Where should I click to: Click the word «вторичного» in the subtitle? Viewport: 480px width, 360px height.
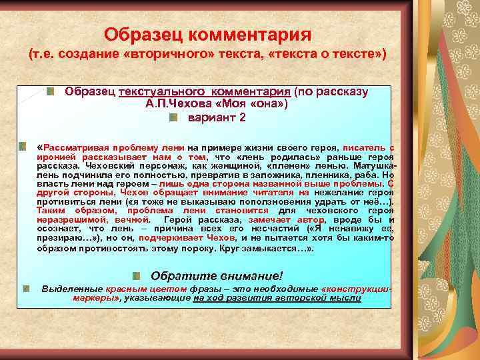pos(157,53)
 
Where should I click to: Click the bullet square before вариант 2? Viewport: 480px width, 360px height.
pos(173,117)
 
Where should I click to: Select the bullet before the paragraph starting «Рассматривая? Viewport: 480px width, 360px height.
pos(23,145)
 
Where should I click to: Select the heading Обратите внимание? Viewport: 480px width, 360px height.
pos(217,275)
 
